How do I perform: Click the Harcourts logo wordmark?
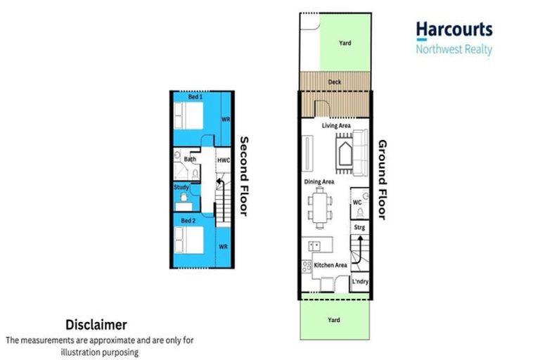point(454,30)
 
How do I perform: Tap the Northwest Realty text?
point(454,49)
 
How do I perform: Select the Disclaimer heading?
point(96,325)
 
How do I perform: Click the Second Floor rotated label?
point(244,175)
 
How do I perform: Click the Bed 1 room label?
point(195,97)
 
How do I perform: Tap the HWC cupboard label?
point(222,160)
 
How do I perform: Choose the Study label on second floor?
point(181,187)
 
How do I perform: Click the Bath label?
point(190,160)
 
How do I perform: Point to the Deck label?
point(335,82)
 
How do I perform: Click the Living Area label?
point(336,126)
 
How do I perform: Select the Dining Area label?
point(319,181)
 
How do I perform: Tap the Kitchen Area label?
point(330,265)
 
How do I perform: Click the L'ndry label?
point(360,283)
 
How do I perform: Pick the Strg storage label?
point(359,227)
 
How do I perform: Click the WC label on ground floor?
point(356,202)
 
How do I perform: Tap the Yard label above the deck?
point(345,44)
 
